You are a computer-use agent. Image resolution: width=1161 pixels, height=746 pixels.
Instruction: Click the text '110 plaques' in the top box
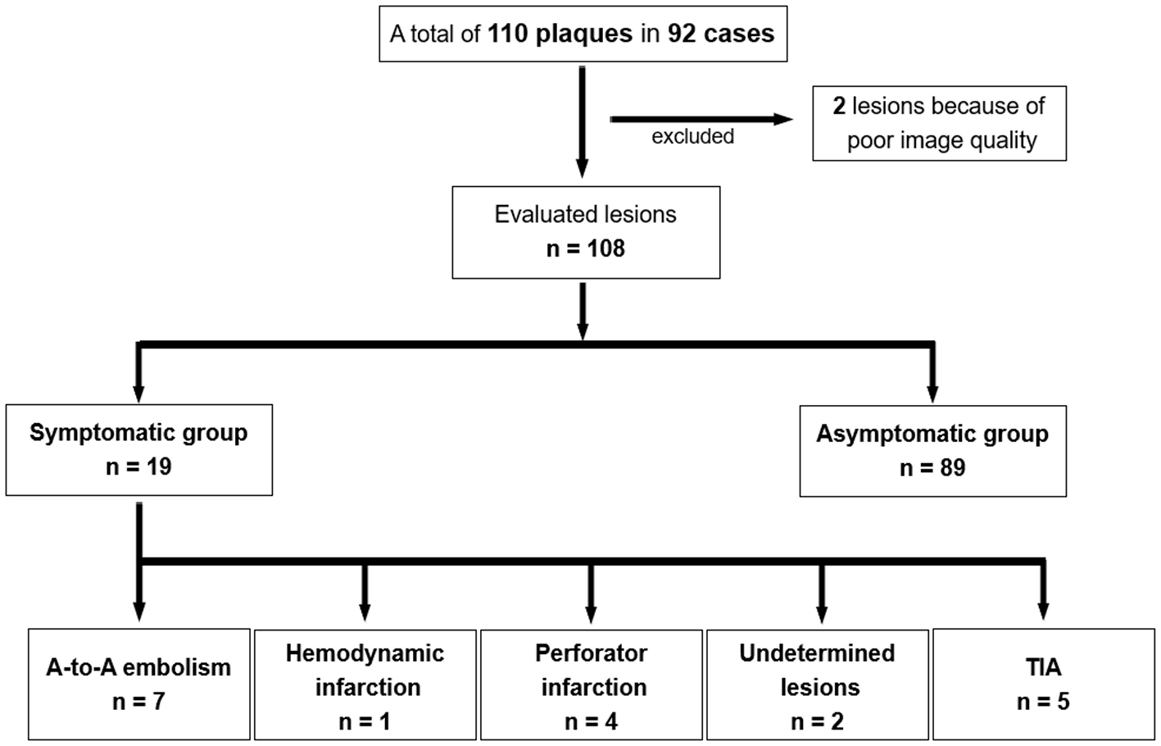pyautogui.click(x=560, y=34)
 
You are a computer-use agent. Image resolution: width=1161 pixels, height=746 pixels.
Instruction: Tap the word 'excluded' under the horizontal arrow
pyautogui.click(x=692, y=137)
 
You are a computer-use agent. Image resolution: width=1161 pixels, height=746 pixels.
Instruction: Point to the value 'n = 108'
pyautogui.click(x=585, y=248)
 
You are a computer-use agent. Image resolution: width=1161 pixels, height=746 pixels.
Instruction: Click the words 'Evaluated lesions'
pyautogui.click(x=585, y=215)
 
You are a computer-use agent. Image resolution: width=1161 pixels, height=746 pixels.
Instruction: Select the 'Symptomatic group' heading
pyautogui.click(x=138, y=433)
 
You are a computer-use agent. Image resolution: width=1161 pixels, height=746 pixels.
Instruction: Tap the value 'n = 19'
pyautogui.click(x=138, y=467)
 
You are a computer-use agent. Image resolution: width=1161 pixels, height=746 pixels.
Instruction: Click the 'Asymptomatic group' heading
pyautogui.click(x=932, y=434)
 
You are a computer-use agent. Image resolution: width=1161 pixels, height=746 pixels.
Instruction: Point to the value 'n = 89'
pyautogui.click(x=932, y=468)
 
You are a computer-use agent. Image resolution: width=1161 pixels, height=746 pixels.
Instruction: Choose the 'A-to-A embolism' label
pyautogui.click(x=138, y=667)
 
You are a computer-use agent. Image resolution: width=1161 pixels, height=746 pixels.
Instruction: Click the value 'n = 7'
pyautogui.click(x=138, y=702)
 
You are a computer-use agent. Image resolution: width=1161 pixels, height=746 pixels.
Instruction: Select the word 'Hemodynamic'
pyautogui.click(x=365, y=653)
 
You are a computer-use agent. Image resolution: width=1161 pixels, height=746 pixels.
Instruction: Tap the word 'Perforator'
pyautogui.click(x=591, y=653)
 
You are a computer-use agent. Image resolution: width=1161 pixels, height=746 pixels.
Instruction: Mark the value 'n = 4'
pyautogui.click(x=591, y=721)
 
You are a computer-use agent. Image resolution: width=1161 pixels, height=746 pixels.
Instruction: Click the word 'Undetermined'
pyautogui.click(x=817, y=653)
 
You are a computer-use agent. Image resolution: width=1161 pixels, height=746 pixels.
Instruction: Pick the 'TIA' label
pyautogui.click(x=1043, y=667)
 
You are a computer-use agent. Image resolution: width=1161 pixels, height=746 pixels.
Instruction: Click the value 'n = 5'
pyautogui.click(x=1043, y=702)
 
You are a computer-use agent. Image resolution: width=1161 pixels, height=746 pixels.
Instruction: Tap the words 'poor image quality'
pyautogui.click(x=941, y=140)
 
